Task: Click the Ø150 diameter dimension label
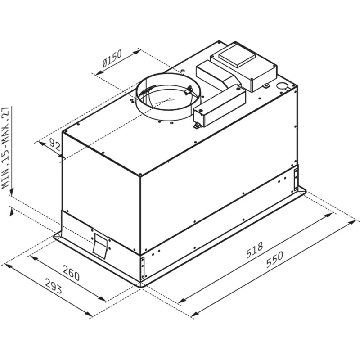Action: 112,59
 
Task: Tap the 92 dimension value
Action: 55,144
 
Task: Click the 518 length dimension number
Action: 254,252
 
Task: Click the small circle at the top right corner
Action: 282,86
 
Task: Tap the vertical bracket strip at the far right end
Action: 296,178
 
